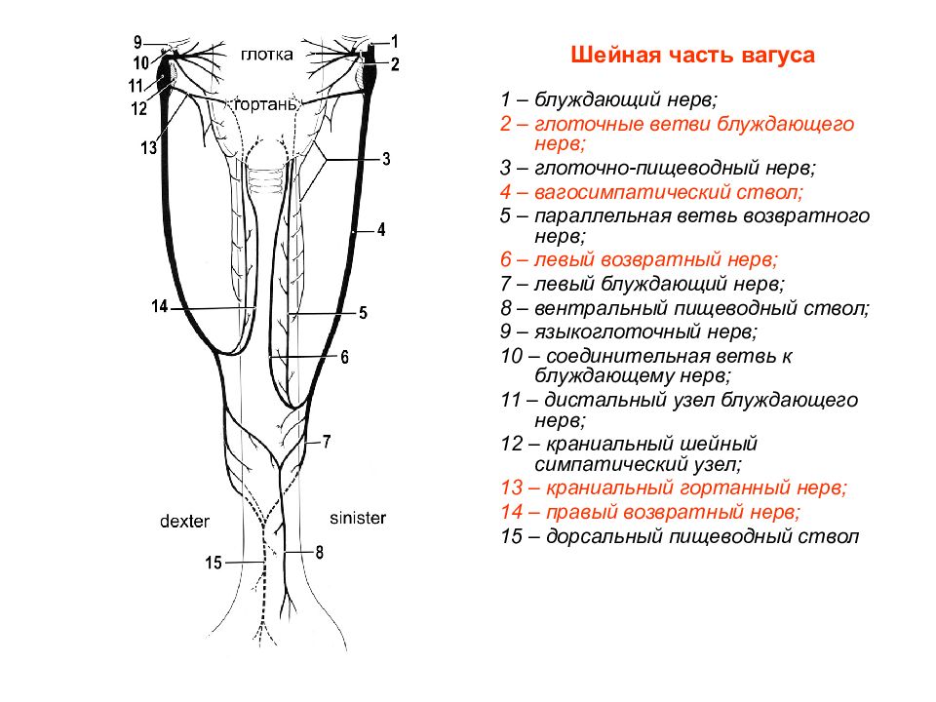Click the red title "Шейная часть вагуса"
coord(692,55)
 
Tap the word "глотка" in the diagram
coord(267,55)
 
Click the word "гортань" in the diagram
coord(265,104)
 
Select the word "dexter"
coord(184,521)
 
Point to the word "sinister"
coord(358,518)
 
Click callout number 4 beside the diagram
coord(381,230)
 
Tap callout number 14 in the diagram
coord(159,306)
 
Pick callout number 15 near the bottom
coord(214,563)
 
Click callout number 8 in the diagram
coord(320,553)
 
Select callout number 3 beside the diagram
coord(386,159)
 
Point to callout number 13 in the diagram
coord(148,147)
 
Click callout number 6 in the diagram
coord(344,357)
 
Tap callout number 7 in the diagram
coord(327,442)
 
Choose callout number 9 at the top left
coord(137,42)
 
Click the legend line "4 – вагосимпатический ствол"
coord(652,192)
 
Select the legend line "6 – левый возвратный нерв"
coord(640,259)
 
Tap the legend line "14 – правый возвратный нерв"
coord(650,512)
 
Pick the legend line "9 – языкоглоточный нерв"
coord(629,331)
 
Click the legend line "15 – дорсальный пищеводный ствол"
coord(680,536)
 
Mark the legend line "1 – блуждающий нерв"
coord(608,99)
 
